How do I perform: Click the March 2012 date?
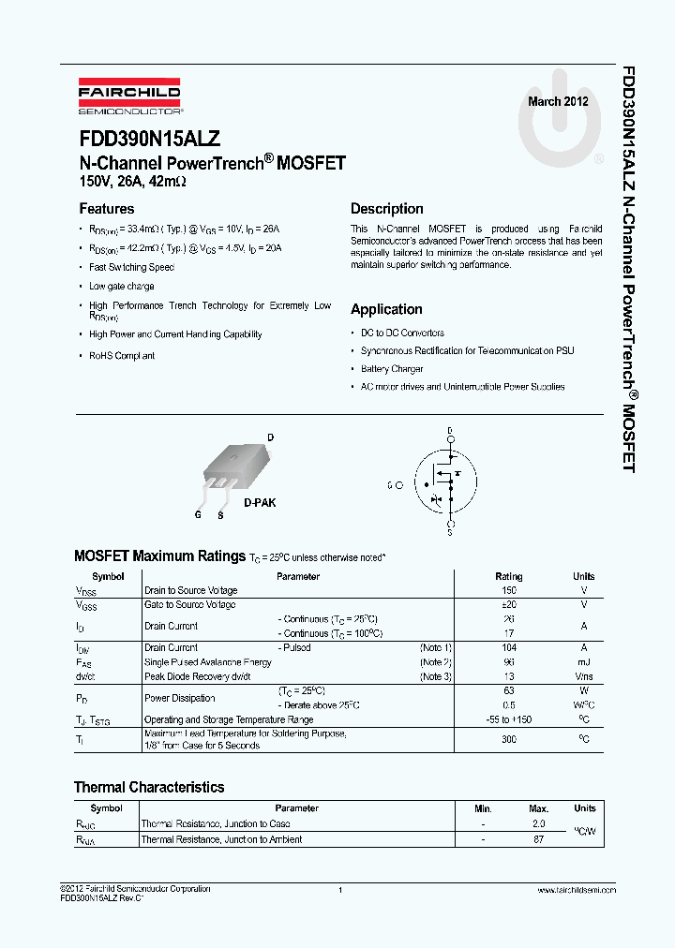[558, 101]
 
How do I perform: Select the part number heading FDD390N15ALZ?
[150, 139]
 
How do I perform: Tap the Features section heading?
[106, 209]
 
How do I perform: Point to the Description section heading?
[386, 209]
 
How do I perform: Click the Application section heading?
[386, 309]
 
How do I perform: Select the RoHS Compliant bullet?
[122, 356]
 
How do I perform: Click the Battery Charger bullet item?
[392, 369]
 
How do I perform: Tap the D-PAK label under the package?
[260, 503]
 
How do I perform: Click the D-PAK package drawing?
[236, 466]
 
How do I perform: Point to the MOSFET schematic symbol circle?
[450, 483]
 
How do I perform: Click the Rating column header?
[509, 576]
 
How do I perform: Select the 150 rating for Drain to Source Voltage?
[509, 591]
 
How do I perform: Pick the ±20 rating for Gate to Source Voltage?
[509, 605]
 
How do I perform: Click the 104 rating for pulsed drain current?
[509, 648]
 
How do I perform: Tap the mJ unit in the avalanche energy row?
[583, 662]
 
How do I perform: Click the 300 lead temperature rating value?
[509, 739]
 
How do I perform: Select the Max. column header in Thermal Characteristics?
[538, 808]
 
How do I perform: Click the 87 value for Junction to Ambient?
[538, 840]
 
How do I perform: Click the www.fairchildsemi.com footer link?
[577, 890]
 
